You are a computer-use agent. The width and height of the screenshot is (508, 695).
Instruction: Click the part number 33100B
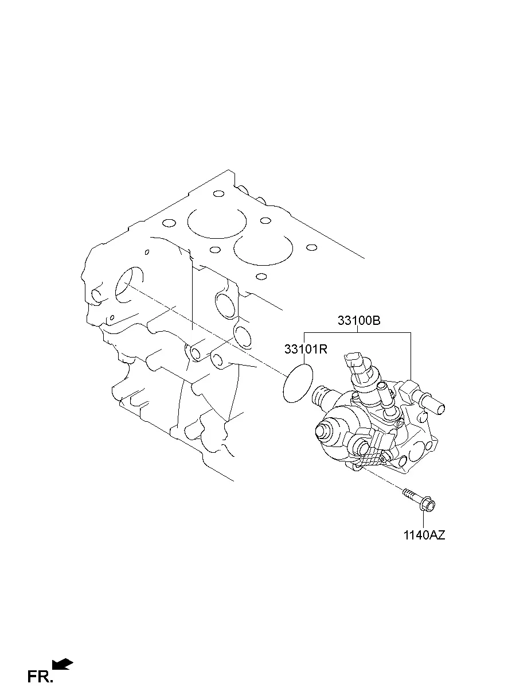pos(358,320)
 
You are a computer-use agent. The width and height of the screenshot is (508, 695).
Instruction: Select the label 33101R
pos(306,350)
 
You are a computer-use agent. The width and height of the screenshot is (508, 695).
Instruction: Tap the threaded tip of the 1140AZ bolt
pos(405,491)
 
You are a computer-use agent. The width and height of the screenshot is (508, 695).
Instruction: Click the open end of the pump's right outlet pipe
pos(441,410)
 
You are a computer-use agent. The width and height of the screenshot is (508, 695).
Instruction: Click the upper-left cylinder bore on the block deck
pos(217,223)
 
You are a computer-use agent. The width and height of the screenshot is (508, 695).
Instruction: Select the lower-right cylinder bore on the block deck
pos(263,250)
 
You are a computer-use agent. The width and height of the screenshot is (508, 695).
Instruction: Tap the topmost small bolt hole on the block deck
pos(219,194)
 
